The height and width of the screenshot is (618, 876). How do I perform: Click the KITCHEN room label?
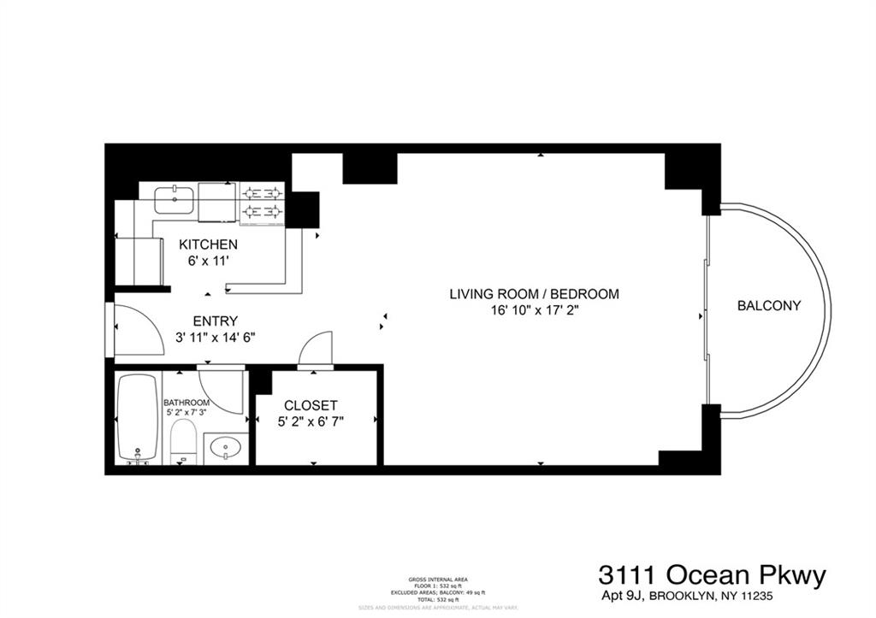[207, 244]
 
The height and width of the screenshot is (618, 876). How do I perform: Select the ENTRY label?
[214, 321]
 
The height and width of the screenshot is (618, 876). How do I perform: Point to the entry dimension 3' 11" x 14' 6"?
[214, 337]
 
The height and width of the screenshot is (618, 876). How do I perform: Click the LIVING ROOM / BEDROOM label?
[534, 294]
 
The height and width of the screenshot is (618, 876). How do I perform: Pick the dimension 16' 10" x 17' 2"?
[534, 310]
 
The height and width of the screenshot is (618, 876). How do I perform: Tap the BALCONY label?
[769, 305]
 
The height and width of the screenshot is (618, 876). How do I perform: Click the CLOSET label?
[311, 405]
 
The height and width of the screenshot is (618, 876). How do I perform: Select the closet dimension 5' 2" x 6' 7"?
[311, 421]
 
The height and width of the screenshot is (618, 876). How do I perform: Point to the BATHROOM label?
[186, 403]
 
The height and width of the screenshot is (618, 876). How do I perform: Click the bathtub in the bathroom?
[138, 419]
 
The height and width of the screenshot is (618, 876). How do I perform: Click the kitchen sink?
[175, 200]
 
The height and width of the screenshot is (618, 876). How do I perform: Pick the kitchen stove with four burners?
[262, 203]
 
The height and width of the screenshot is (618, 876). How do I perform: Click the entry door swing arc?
[139, 329]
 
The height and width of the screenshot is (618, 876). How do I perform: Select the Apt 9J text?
[621, 596]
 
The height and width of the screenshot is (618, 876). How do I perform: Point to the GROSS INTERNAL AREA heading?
[437, 580]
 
